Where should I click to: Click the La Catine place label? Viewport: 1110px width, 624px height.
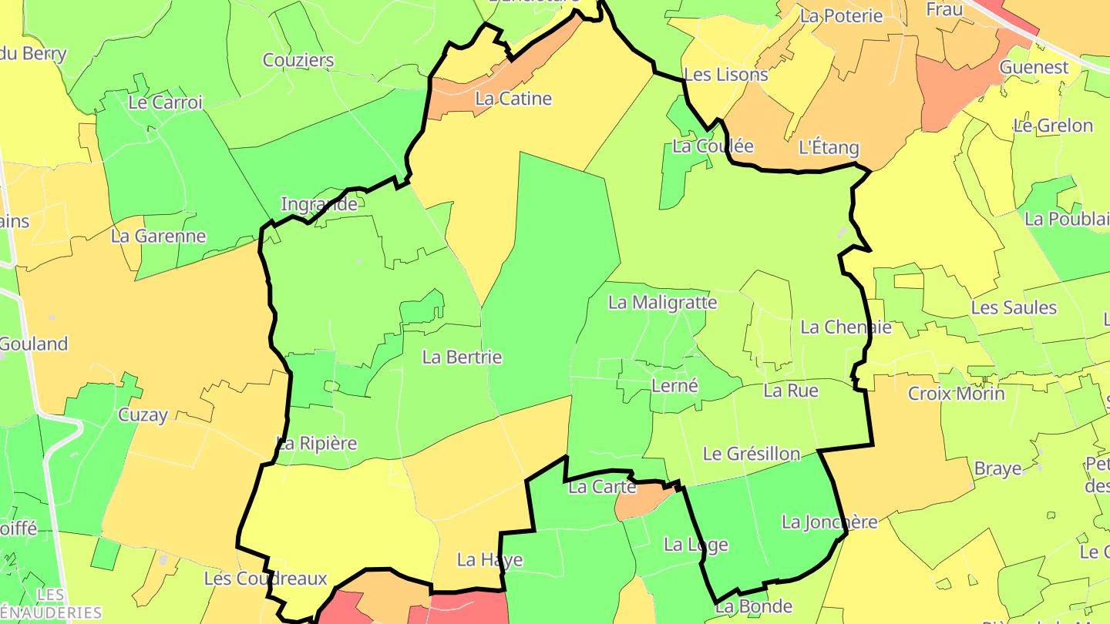pyautogui.click(x=513, y=99)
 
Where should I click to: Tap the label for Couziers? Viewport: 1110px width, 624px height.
pyautogui.click(x=298, y=60)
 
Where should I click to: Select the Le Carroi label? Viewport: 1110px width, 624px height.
pyautogui.click(x=166, y=102)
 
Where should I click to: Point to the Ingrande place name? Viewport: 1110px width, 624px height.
pyautogui.click(x=319, y=204)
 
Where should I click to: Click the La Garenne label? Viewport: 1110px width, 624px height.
pyautogui.click(x=159, y=236)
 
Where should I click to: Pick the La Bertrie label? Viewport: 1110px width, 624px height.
pyautogui.click(x=462, y=357)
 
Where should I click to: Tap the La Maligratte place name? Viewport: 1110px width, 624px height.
pyautogui.click(x=663, y=303)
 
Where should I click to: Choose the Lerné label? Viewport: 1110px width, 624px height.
pyautogui.click(x=674, y=386)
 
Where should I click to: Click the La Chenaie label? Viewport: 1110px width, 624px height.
pyautogui.click(x=846, y=327)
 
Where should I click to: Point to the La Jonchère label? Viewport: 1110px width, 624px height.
pyautogui.click(x=829, y=522)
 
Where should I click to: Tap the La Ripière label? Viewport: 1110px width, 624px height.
pyautogui.click(x=317, y=444)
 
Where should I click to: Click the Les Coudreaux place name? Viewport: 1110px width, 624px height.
pyautogui.click(x=266, y=579)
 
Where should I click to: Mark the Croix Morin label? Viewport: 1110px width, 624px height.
pyautogui.click(x=957, y=394)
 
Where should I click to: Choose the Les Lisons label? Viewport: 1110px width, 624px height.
pyautogui.click(x=726, y=75)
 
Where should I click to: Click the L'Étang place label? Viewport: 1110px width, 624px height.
pyautogui.click(x=829, y=147)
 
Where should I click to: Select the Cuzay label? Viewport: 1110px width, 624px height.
pyautogui.click(x=143, y=415)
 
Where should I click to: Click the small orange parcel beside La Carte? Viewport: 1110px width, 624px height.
pyautogui.click(x=641, y=503)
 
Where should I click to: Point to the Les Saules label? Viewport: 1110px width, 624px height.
pyautogui.click(x=1014, y=307)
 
